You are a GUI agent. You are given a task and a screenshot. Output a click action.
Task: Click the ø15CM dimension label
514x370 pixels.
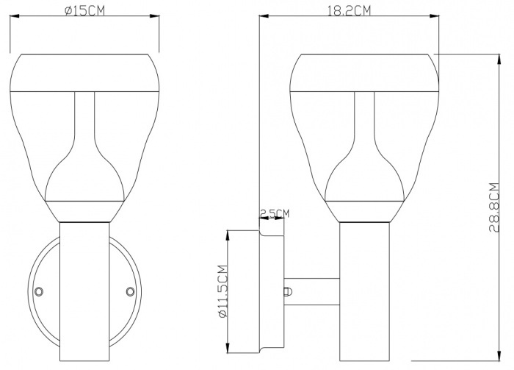click(x=84, y=10)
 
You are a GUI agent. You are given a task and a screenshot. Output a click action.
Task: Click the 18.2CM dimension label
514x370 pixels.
click(x=349, y=10)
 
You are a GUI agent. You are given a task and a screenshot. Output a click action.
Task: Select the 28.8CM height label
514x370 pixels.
click(x=494, y=207)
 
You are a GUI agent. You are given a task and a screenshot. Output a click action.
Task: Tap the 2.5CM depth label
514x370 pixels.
click(x=275, y=213)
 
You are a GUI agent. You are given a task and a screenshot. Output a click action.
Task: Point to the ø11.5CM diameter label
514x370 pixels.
click(x=222, y=291)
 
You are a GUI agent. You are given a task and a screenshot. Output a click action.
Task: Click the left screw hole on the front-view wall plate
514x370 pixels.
click(x=39, y=291)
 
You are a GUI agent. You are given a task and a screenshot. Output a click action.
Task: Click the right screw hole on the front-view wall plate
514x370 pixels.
click(x=131, y=291)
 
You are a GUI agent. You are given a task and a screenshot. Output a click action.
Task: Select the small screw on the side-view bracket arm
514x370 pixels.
click(x=288, y=292)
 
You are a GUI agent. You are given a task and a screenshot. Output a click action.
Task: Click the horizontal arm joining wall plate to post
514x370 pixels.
click(x=312, y=292)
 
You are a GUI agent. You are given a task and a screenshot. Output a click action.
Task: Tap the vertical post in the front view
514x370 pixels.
click(x=84, y=291)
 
